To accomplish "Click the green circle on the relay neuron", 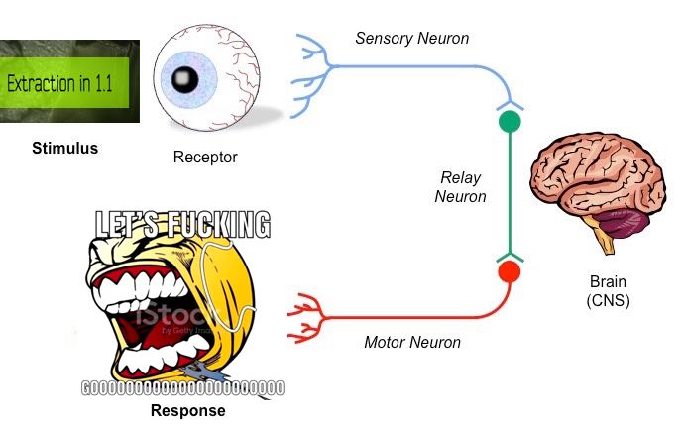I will coord(509,123).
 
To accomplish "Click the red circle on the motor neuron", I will coord(509,271).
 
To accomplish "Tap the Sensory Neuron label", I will coord(411,39).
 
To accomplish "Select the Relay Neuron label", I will coord(462,187).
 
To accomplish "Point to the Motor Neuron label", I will coord(412,343).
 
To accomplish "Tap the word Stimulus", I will coord(64,149).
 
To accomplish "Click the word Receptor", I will coord(205,157).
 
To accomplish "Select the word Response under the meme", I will coord(187,410).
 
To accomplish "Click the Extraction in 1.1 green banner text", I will coord(60,83).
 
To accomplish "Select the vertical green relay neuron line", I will coord(509,193).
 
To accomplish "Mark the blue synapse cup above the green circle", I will coord(509,104).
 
